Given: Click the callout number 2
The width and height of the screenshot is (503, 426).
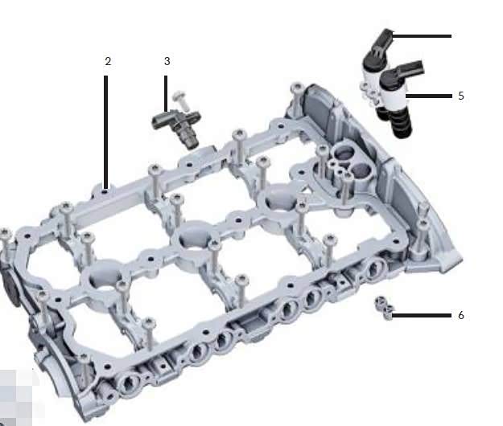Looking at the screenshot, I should coord(108,61).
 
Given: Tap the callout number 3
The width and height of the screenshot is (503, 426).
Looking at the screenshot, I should coord(167,61).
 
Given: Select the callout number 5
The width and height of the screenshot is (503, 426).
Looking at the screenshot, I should coord(461,95).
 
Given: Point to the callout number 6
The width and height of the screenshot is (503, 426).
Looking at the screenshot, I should coord(461,315).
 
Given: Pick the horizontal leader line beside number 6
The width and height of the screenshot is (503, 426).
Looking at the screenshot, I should coord(422,315).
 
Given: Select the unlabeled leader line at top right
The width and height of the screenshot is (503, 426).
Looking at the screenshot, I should coord(423,36).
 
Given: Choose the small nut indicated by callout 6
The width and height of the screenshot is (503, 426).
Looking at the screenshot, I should coord(383,308).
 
